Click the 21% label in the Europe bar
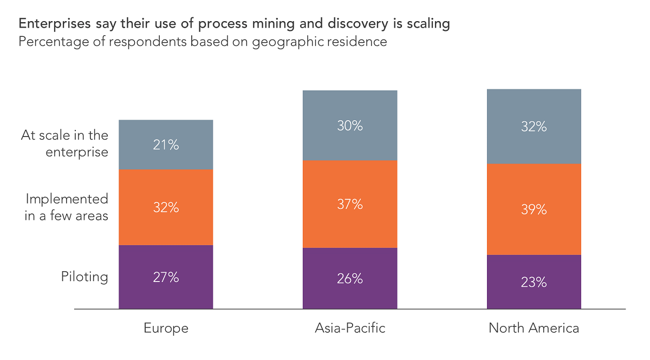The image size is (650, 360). tap(166, 145)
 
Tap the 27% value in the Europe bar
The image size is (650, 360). tap(166, 277)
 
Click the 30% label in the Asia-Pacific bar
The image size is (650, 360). tap(350, 126)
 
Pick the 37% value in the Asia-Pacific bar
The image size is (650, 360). tap(350, 204)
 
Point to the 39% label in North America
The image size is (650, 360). tap(534, 210)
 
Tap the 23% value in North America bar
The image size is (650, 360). tap(534, 282)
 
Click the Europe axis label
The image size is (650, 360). tap(166, 328)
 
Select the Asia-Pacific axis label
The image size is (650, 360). tap(350, 328)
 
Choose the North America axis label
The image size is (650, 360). tap(534, 328)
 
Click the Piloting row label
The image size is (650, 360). tap(84, 277)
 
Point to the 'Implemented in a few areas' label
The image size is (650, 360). tap(67, 207)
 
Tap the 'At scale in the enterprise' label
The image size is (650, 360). tap(65, 143)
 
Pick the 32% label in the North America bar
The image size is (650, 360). tap(534, 127)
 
